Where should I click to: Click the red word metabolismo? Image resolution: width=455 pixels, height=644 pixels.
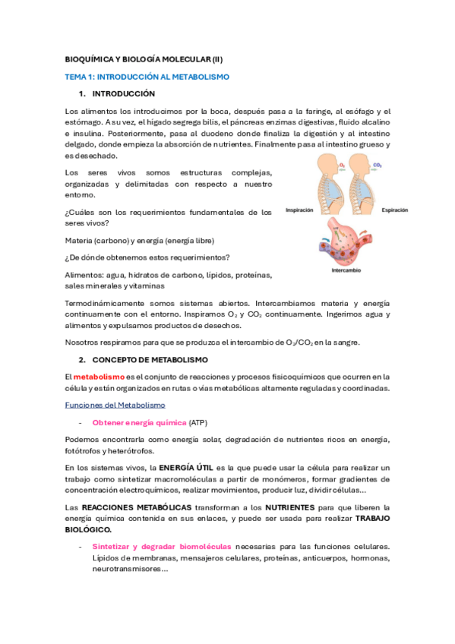coord(99,377)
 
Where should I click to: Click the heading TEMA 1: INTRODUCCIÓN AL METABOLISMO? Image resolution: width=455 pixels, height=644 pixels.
coord(147,77)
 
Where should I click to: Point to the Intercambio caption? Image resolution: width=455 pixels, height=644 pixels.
coord(346,270)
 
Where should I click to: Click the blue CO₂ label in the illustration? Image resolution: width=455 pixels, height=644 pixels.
coord(378,164)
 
